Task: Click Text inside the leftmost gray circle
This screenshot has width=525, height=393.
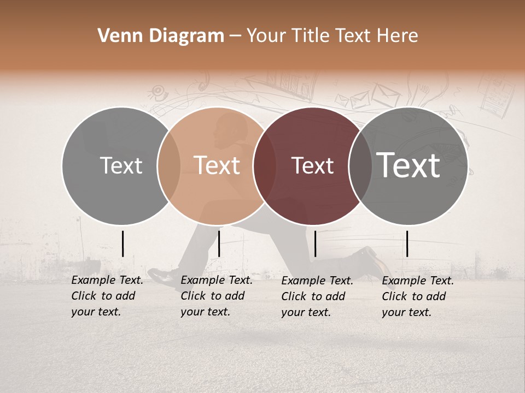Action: (121, 165)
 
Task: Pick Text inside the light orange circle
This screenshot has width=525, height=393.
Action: (217, 165)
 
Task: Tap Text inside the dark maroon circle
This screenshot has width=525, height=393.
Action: (313, 165)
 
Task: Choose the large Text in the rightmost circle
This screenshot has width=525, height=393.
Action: (409, 165)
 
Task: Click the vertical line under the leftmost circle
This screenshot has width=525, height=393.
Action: (122, 243)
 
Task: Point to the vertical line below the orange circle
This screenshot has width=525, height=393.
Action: (219, 243)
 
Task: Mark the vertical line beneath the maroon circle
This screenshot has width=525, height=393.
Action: (316, 243)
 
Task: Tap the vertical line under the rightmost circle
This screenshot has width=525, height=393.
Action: (407, 243)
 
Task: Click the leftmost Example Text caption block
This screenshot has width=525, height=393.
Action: (107, 296)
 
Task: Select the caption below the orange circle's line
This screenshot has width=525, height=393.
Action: (216, 296)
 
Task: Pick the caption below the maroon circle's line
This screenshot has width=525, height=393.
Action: (317, 296)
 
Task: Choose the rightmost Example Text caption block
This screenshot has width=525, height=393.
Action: (417, 296)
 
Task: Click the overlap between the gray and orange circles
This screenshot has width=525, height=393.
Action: (169, 165)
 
